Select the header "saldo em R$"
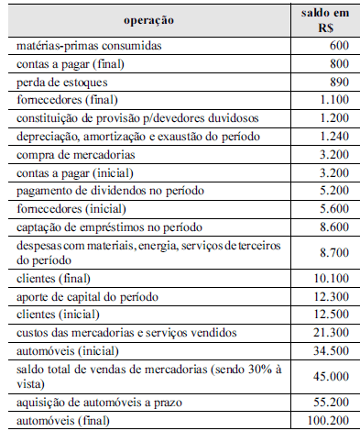tap(322, 18)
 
